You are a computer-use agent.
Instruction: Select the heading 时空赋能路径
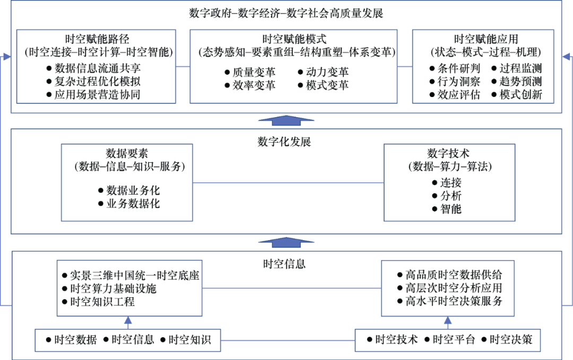[x=97, y=39]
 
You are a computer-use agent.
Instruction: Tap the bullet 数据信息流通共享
[x=98, y=68]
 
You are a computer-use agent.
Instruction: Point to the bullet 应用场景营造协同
[x=98, y=95]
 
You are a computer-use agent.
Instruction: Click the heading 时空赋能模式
[x=294, y=39]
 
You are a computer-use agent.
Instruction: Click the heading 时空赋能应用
[x=486, y=39]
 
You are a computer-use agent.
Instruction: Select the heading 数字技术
[x=449, y=154]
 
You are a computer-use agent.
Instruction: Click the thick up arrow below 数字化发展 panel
[x=286, y=243]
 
